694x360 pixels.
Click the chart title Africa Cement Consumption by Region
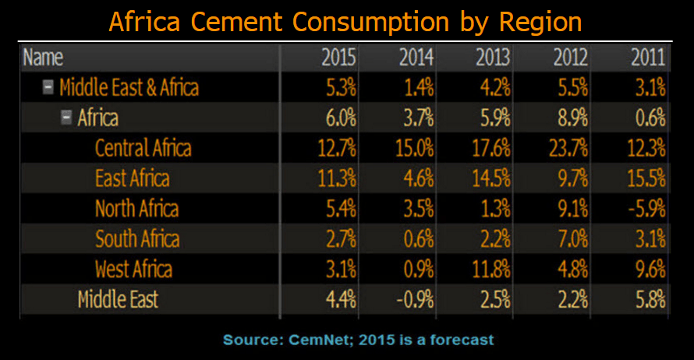coord(345,20)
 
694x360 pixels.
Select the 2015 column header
coord(338,57)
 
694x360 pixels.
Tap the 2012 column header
coord(571,57)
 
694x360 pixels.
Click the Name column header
coord(43,57)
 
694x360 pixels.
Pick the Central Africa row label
coord(143,147)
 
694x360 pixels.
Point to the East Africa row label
coord(132,178)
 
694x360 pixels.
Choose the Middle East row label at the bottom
coord(118,299)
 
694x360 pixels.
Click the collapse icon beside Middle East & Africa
coord(48,87)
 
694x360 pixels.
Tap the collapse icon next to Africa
coord(66,118)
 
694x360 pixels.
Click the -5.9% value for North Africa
coord(644,208)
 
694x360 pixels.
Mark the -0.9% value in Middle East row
coord(413,299)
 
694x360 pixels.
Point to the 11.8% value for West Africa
coord(491,269)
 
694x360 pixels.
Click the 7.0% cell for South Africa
coord(571,238)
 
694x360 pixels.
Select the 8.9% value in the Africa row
coord(571,118)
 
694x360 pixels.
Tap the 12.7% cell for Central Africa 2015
coord(336,147)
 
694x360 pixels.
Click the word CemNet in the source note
coord(316,340)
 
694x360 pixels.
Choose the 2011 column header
coord(648,57)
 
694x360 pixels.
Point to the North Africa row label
coord(136,208)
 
